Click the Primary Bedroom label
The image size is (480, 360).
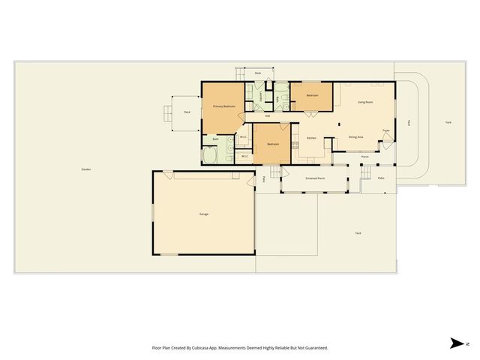224,106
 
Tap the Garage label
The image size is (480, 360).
203,214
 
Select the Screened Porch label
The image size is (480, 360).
315,178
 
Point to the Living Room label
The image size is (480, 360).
365,102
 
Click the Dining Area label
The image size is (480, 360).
356,137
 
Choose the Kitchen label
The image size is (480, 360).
310,138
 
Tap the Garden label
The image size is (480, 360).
86,169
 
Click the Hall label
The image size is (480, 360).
268,115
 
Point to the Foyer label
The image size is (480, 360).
385,130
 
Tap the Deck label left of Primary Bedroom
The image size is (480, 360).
187,112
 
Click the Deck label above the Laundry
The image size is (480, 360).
257,73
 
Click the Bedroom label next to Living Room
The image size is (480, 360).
312,96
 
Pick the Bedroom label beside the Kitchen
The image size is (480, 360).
273,144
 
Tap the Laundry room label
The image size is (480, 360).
260,96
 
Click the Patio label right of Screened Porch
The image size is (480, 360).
381,178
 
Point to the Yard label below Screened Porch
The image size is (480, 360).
358,234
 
